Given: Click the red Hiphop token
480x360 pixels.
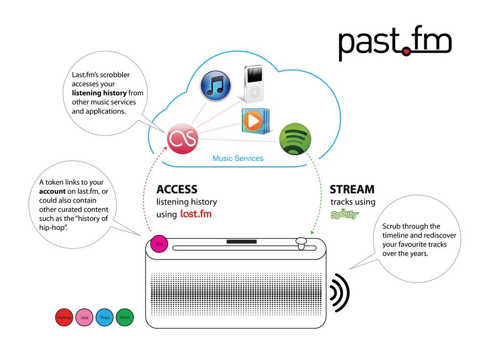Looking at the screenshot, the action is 64,317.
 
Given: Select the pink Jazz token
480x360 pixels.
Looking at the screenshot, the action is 84,317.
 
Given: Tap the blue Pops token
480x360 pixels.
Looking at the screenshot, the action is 105,317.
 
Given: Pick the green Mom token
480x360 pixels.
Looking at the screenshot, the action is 125,317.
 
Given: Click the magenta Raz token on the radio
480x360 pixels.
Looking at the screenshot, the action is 159,244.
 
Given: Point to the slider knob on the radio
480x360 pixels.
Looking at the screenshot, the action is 301,244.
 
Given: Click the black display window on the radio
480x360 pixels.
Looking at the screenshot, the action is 241,241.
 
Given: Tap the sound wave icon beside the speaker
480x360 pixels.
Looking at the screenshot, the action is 340,293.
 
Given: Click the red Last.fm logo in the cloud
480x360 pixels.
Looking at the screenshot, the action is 182,138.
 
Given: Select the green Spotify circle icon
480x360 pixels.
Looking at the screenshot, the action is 295,139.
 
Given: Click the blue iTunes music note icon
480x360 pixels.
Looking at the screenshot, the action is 216,86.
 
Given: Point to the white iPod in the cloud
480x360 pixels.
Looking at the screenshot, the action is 253,84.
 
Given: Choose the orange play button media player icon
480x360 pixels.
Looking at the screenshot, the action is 255,121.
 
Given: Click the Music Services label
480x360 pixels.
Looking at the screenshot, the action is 238,158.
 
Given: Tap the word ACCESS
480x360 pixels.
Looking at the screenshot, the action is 177,190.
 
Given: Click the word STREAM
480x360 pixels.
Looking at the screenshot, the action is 352,190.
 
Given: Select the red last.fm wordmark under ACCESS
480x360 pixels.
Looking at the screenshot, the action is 196,214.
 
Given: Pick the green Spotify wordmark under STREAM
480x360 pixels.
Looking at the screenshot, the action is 344,214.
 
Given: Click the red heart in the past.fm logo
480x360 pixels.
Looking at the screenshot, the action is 406,51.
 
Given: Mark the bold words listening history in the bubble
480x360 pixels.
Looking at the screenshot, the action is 99,93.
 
